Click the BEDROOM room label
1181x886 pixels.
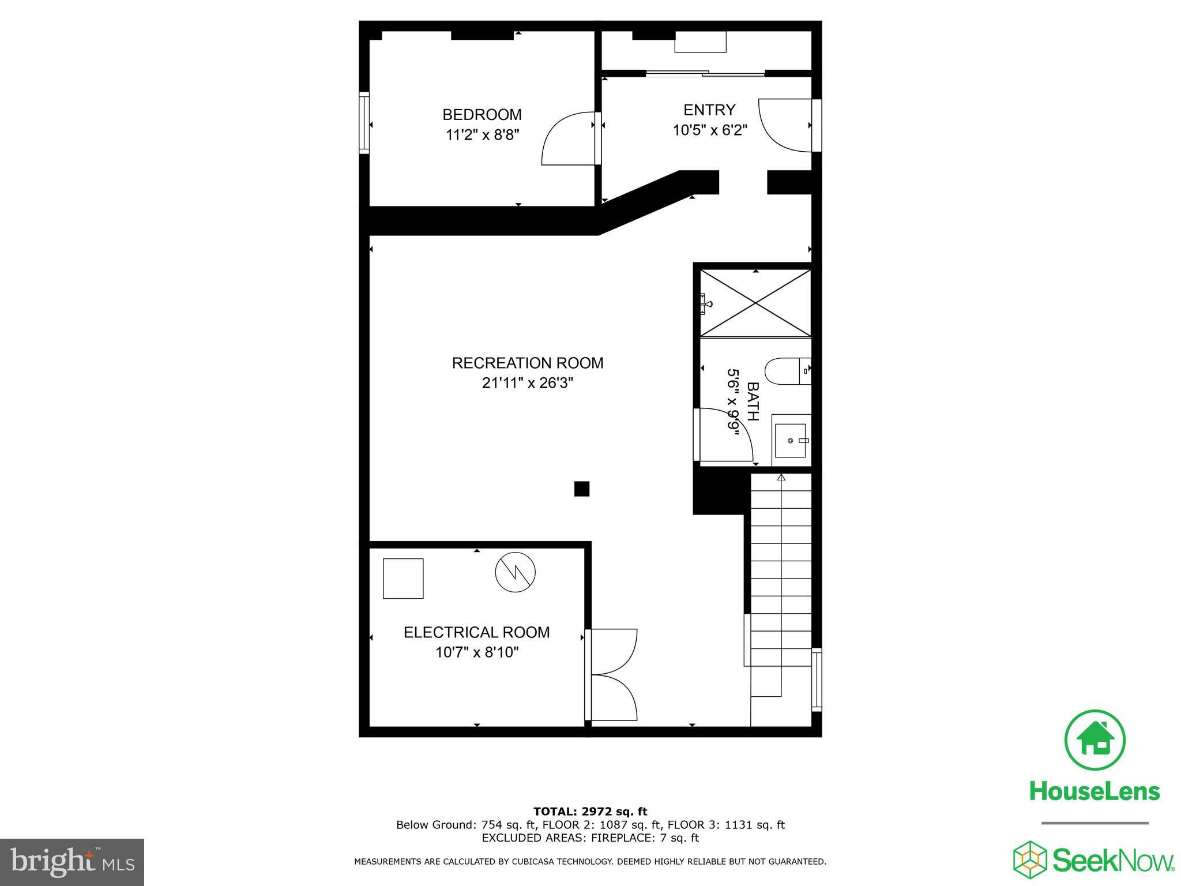482,114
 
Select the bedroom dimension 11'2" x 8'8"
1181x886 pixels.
482,135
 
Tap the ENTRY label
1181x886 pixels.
709,110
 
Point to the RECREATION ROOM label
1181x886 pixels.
528,363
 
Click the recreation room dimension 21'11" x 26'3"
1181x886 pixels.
528,383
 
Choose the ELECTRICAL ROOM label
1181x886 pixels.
476,632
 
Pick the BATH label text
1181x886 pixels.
753,401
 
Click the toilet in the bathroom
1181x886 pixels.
788,371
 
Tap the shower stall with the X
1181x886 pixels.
755,303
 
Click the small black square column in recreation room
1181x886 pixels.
582,489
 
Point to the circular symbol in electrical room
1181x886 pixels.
515,572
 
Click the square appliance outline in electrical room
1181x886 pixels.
403,578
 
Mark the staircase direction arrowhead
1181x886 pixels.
781,477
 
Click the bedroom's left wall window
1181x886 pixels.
364,123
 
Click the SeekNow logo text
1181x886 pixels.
1112,861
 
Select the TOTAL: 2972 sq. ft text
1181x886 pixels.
590,812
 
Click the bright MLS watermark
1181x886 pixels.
73,861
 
